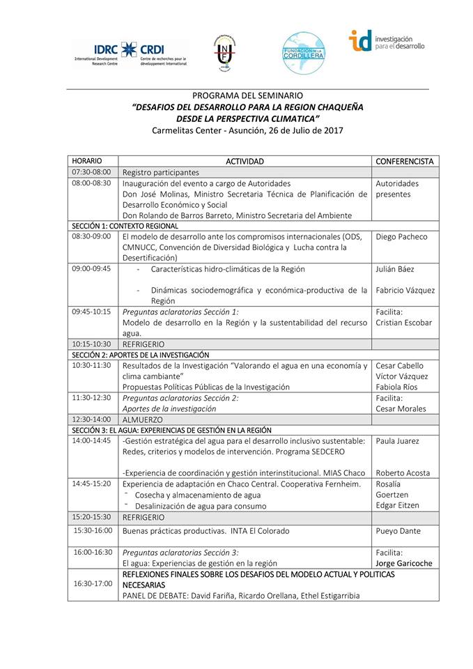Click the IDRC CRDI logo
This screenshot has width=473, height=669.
pyautogui.click(x=130, y=54)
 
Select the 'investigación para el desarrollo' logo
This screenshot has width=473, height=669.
pyautogui.click(x=386, y=41)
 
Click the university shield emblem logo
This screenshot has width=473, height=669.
pyautogui.click(x=224, y=52)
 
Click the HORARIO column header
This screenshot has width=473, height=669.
pyautogui.click(x=86, y=161)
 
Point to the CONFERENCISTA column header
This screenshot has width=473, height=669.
pyautogui.click(x=404, y=161)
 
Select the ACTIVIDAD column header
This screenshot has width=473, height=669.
pyautogui.click(x=245, y=161)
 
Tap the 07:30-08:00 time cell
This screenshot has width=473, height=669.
pyautogui.click(x=91, y=172)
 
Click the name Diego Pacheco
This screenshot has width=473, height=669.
pyautogui.click(x=401, y=236)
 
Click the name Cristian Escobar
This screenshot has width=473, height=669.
pyautogui.click(x=403, y=323)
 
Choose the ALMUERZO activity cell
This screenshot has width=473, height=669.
pyautogui.click(x=142, y=420)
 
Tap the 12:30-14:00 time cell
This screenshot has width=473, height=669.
pyautogui.click(x=91, y=420)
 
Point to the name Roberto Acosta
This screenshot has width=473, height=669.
pyautogui.click(x=403, y=473)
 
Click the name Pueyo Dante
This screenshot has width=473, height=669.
pyautogui.click(x=398, y=531)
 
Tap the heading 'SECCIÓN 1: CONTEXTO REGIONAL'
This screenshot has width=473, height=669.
pyautogui.click(x=125, y=226)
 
